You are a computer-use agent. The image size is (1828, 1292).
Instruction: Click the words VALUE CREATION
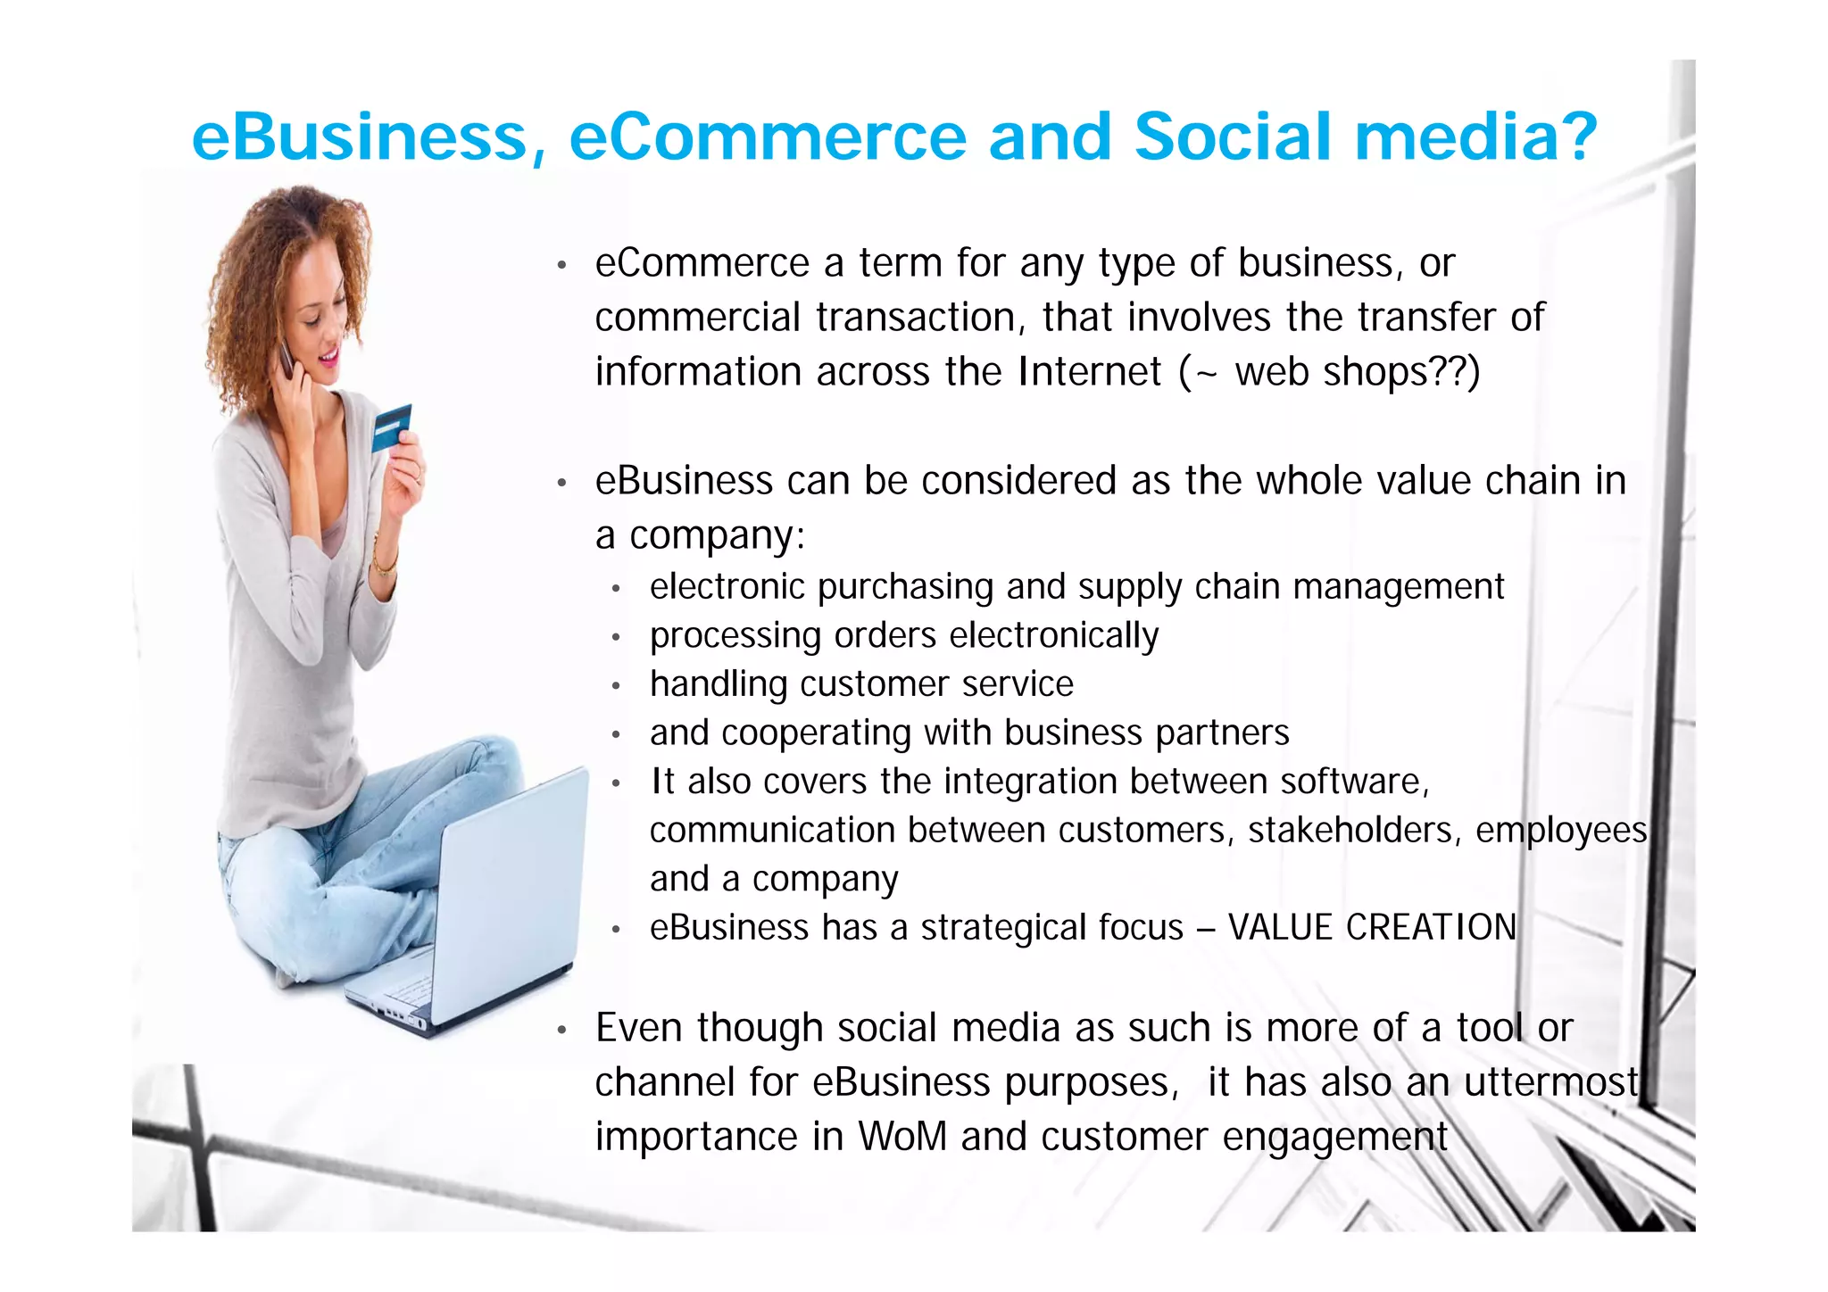pyautogui.click(x=1372, y=927)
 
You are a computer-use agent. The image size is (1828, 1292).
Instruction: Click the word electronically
pyautogui.click(x=1054, y=635)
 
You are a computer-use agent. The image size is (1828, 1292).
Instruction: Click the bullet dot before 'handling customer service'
pyautogui.click(x=616, y=685)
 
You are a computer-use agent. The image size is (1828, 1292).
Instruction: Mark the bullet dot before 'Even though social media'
pyautogui.click(x=561, y=1031)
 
